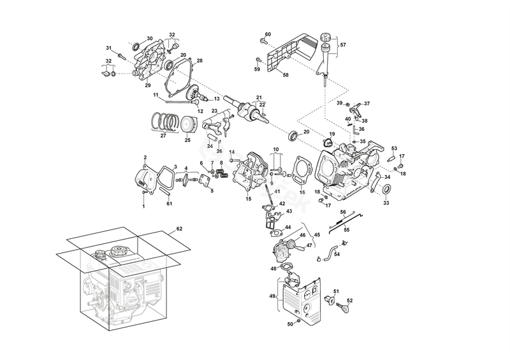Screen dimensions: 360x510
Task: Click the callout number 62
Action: click(179, 227)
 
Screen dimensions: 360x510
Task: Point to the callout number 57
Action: click(342, 45)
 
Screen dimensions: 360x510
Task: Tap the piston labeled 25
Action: click(187, 125)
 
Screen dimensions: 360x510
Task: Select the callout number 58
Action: click(286, 75)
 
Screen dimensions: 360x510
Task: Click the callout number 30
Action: click(150, 38)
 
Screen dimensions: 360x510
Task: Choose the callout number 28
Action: click(200, 61)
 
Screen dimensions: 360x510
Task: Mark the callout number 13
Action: click(216, 99)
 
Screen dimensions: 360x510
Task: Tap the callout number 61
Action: click(170, 203)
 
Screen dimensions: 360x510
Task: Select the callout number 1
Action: click(143, 206)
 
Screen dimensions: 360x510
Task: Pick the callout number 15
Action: click(249, 199)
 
